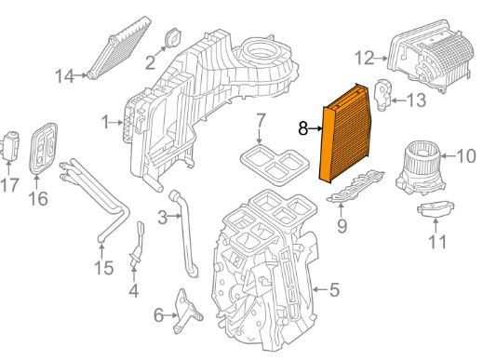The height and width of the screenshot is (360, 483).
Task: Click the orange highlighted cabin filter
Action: coord(345,134)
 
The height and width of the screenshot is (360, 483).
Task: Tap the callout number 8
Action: coord(303,128)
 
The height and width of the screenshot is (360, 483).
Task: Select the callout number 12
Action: coord(365,58)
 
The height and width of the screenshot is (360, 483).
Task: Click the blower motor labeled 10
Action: coord(421,167)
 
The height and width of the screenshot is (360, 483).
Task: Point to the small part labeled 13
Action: coord(383,94)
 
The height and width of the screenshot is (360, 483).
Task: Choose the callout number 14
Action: coord(64,76)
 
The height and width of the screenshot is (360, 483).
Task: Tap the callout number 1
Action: coord(106,122)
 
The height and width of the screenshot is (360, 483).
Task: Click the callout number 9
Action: coord(342,226)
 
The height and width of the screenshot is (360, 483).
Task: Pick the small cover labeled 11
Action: coord(436,209)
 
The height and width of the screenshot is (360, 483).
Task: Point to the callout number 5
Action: coord(334,289)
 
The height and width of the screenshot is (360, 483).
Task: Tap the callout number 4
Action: coord(134,290)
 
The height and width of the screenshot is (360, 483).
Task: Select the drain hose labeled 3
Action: coord(184,233)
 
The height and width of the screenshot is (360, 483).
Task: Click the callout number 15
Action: coord(104,268)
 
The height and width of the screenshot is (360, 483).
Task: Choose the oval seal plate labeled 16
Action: coord(43,149)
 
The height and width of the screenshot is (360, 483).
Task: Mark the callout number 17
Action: coord(10,185)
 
